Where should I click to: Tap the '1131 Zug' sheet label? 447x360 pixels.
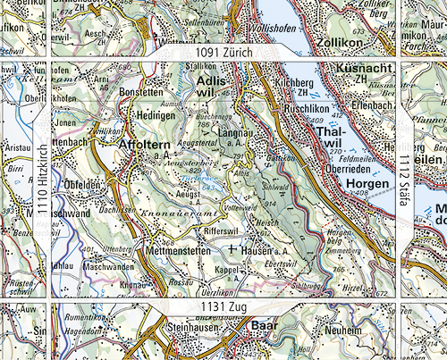223,306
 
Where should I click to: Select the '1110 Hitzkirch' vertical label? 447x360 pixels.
40,180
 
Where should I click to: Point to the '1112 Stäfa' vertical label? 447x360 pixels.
402,180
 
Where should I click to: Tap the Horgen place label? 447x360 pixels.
367,183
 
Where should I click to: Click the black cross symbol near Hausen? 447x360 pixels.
232,250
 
